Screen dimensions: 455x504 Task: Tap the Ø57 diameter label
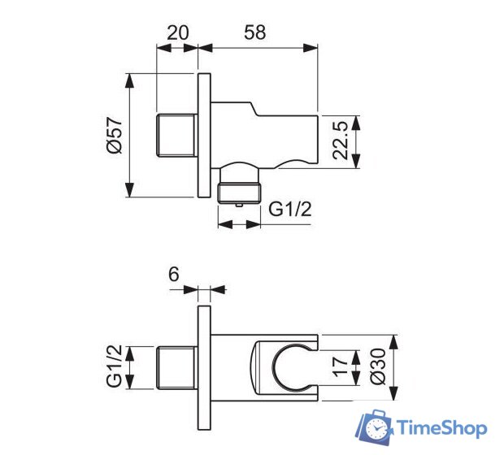point(113,135)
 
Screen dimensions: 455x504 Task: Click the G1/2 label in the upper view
point(290,210)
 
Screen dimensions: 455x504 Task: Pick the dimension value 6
point(173,275)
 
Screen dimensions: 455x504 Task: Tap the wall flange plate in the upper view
point(204,135)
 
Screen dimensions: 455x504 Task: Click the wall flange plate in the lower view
point(204,370)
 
